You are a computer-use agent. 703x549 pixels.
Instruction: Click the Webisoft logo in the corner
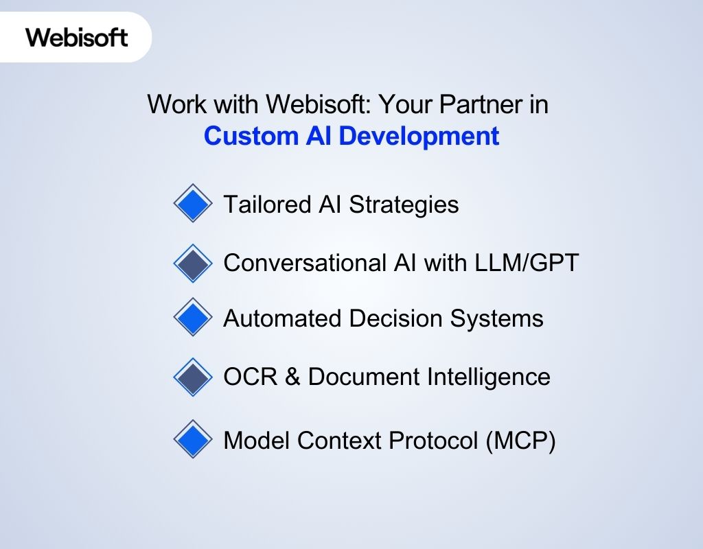click(x=77, y=37)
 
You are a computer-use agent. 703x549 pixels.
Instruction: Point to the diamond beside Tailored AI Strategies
click(x=193, y=203)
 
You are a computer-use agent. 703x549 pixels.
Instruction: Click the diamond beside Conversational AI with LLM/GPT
click(x=193, y=263)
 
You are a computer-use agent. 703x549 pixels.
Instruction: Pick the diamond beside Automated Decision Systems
click(x=193, y=317)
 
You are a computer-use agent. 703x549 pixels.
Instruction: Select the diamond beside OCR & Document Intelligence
click(x=193, y=377)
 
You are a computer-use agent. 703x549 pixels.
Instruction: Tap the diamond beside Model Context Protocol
click(x=193, y=440)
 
